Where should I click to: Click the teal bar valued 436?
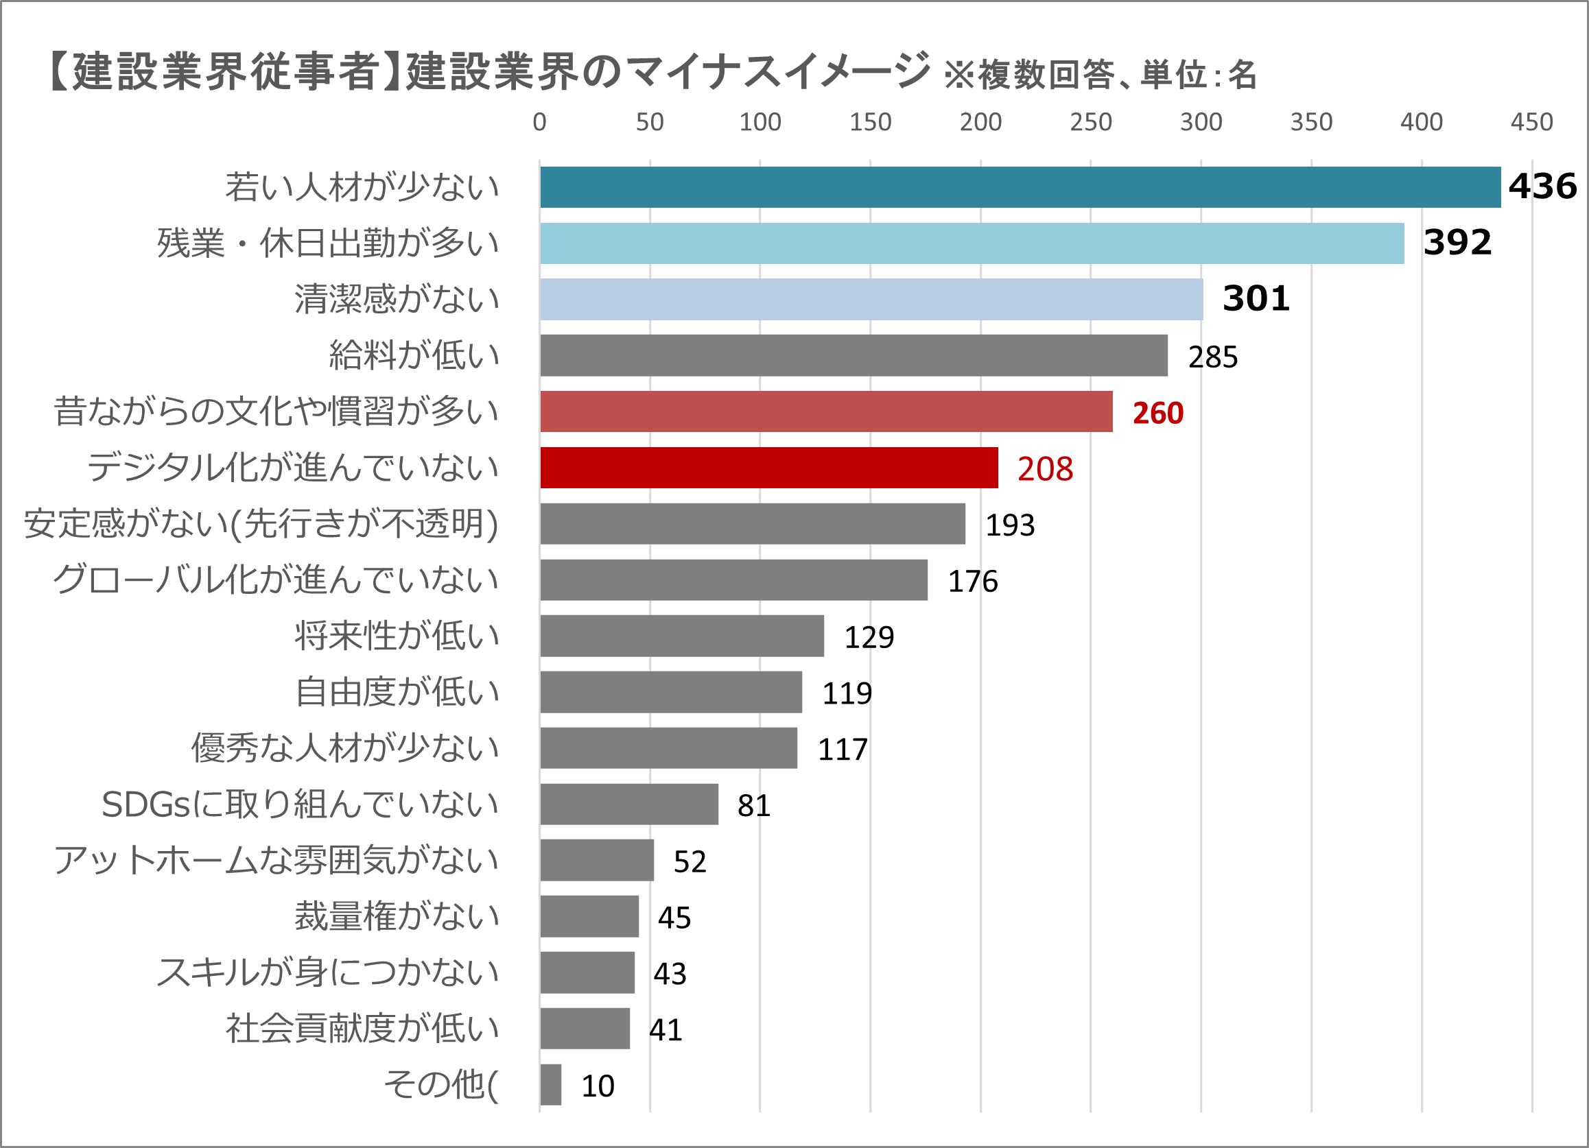(x=1020, y=187)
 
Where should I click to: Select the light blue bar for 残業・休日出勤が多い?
(x=972, y=243)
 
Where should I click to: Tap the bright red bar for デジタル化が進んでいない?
(x=768, y=467)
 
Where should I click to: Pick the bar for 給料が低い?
(x=854, y=355)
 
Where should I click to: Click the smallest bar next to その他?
(x=551, y=1084)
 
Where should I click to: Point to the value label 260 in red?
(x=1157, y=413)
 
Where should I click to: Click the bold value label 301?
(x=1256, y=299)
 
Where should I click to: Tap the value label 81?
(x=753, y=805)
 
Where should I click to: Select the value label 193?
(x=1009, y=525)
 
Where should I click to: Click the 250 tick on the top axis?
(x=1090, y=122)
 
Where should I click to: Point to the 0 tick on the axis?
(x=539, y=122)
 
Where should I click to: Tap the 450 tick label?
(x=1531, y=122)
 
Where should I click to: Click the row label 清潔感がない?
(x=397, y=299)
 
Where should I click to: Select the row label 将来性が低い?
(x=397, y=635)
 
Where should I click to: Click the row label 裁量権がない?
(x=397, y=916)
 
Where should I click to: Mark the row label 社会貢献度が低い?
(x=362, y=1027)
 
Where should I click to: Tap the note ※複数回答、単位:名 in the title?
(x=1100, y=75)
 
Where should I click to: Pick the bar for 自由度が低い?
(x=670, y=691)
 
